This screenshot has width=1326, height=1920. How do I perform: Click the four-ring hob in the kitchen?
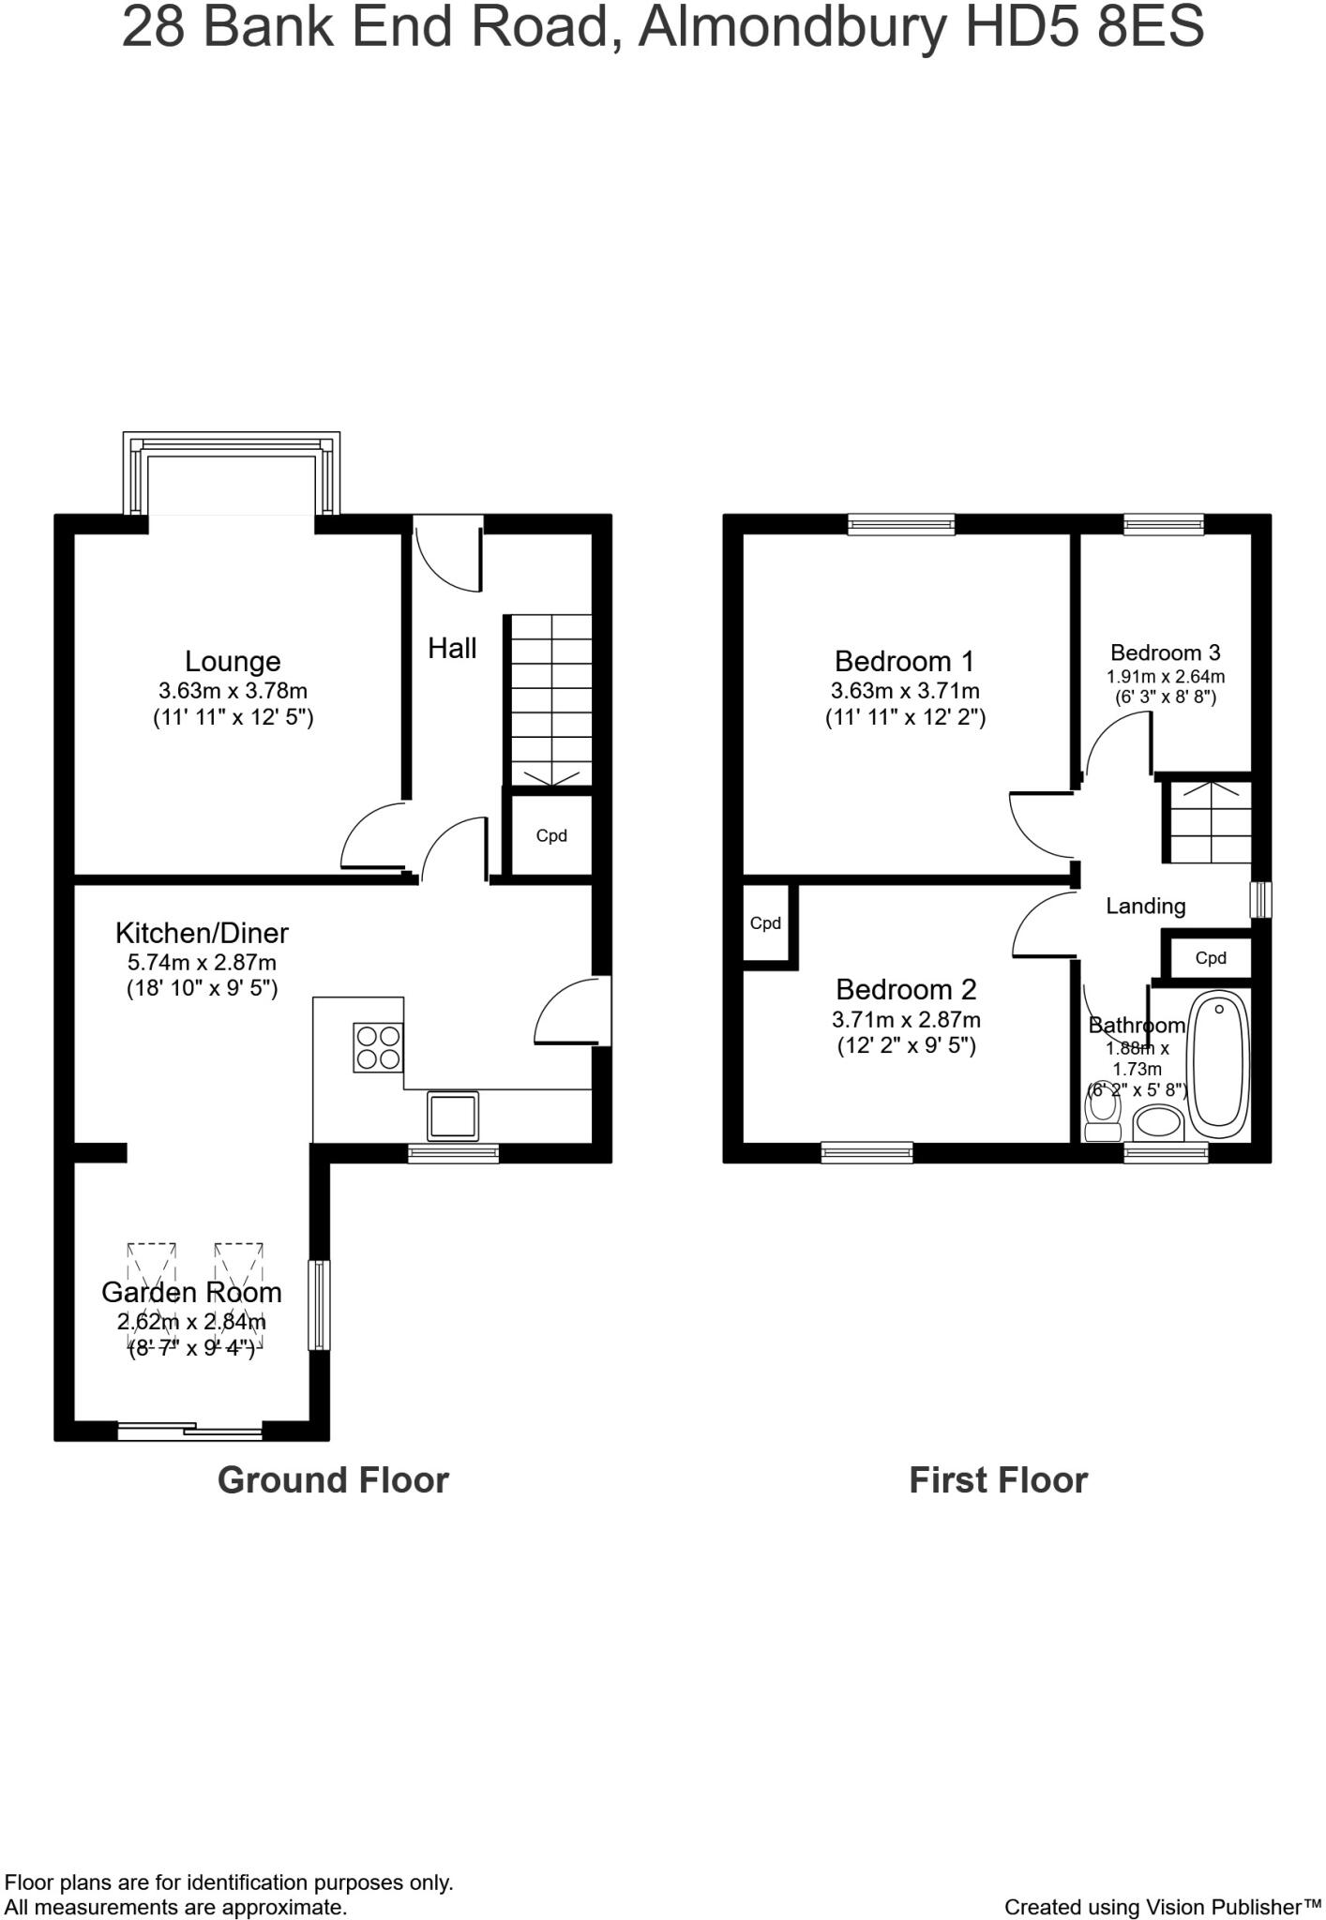[379, 1048]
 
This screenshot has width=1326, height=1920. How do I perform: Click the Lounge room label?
[233, 662]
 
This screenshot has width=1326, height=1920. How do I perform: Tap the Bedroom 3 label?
[1165, 653]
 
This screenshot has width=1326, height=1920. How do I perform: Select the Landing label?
[1145, 907]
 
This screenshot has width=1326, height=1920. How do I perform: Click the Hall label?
[452, 649]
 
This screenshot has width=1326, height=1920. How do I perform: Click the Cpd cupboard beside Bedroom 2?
[766, 924]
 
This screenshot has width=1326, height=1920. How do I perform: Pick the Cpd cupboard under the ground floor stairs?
[551, 836]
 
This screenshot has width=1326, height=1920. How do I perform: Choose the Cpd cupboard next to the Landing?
[1211, 958]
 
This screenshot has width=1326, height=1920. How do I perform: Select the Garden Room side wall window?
[321, 1305]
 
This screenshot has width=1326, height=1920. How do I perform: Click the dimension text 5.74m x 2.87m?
[202, 962]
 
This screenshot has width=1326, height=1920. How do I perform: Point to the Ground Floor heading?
[333, 1480]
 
